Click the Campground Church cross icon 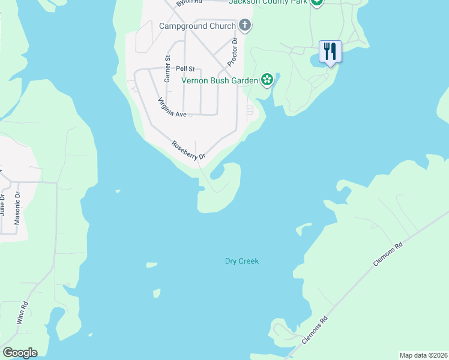(x=244, y=25)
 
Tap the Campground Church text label (x=197, y=26)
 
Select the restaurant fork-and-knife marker (x=330, y=51)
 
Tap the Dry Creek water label (x=241, y=261)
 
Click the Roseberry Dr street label (x=188, y=150)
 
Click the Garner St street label (x=168, y=65)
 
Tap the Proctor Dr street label (x=233, y=53)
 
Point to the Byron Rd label (x=187, y=3)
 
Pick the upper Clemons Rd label (x=390, y=254)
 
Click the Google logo (x=20, y=353)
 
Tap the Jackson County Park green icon (x=317, y=2)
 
